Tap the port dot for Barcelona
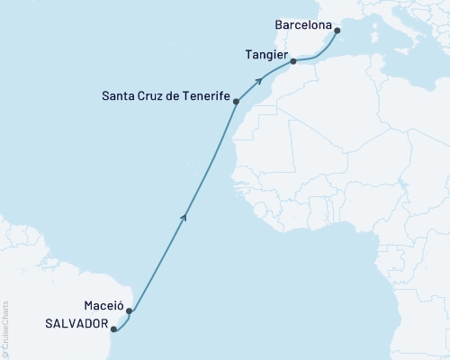tap(337, 31)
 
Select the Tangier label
tap(265, 55)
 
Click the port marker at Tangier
tap(293, 62)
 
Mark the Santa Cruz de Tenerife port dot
tap(236, 102)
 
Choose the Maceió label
tap(104, 305)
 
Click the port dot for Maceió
tap(130, 312)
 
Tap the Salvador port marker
tap(113, 330)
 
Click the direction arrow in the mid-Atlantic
tap(184, 215)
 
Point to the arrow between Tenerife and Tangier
tap(259, 81)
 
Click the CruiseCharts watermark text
tap(4, 328)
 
